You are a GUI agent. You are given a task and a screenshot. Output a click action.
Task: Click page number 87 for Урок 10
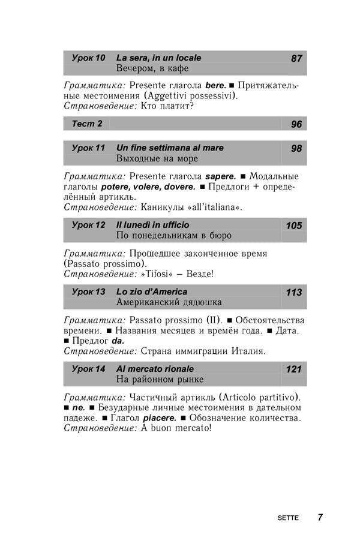[296, 59]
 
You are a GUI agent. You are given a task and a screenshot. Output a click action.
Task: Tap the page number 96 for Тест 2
[296, 125]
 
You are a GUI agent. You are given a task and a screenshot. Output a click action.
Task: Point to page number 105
[294, 226]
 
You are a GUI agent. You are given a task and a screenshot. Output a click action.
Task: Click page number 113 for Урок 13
[294, 293]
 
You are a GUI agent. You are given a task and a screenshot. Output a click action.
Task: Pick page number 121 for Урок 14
[294, 369]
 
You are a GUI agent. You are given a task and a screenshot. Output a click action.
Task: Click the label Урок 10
[88, 58]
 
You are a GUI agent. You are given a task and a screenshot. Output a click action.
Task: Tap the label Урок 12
[88, 225]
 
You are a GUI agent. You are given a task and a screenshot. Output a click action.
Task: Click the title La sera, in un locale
[158, 58]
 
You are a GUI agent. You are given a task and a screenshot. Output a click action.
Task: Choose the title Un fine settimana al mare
[169, 148]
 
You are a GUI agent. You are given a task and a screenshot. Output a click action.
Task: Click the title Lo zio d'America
[151, 292]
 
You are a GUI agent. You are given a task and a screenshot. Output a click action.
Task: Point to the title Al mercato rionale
[154, 369]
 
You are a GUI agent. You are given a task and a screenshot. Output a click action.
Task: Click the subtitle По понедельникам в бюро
[173, 236]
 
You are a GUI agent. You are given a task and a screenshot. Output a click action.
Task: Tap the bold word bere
[215, 86]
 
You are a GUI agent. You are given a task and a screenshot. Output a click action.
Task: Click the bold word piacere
[160, 417]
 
